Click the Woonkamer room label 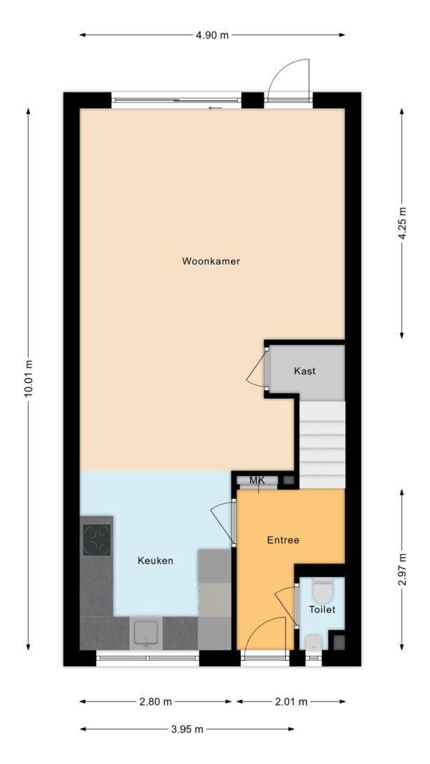pyautogui.click(x=211, y=261)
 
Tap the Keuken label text pyautogui.click(x=156, y=561)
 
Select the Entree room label pyautogui.click(x=283, y=540)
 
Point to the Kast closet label pyautogui.click(x=305, y=371)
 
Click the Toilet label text pyautogui.click(x=322, y=609)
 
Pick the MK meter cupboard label pyautogui.click(x=257, y=480)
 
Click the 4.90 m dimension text pyautogui.click(x=212, y=34)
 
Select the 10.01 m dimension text pyautogui.click(x=28, y=377)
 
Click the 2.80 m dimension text pyautogui.click(x=155, y=702)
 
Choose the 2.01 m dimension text pyautogui.click(x=292, y=702)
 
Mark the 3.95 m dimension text pyautogui.click(x=186, y=729)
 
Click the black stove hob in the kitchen pyautogui.click(x=97, y=540)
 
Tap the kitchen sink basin pyautogui.click(x=146, y=634)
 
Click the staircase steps pyautogui.click(x=322, y=444)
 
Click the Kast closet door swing pyautogui.click(x=256, y=371)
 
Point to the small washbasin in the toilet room pyautogui.click(x=314, y=642)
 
